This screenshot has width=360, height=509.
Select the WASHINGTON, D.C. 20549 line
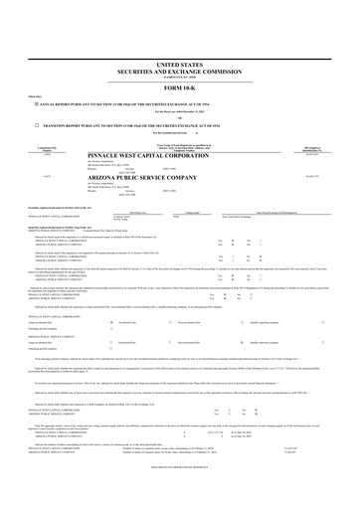180,49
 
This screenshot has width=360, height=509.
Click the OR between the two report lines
180,89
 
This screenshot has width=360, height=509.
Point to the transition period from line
180,105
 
